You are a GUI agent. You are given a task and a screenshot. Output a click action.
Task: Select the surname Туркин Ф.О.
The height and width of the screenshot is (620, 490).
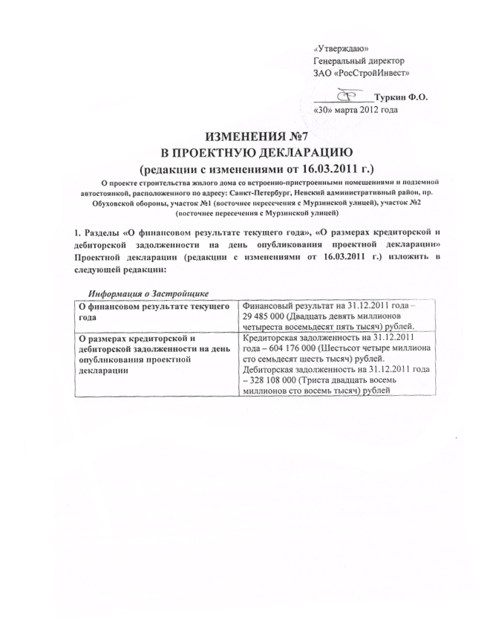[x=402, y=97]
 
